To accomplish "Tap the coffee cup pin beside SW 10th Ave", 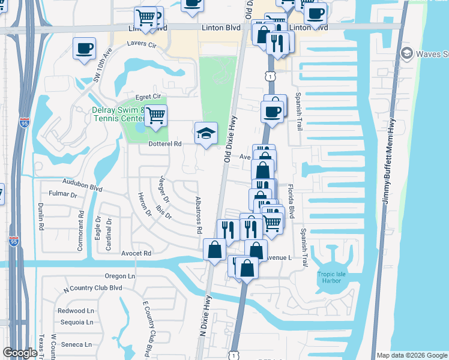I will (85, 47).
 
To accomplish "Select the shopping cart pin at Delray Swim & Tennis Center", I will (155, 115).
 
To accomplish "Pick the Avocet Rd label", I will (135, 253).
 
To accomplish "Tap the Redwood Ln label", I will (76, 311).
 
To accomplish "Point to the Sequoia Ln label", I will (76, 322).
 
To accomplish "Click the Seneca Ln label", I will (78, 344).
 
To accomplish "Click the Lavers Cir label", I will (142, 45).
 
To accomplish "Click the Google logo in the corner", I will (20, 353).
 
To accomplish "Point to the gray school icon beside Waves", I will (408, 54).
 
